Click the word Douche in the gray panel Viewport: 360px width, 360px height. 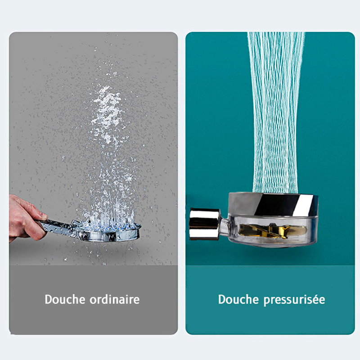pos(65,299)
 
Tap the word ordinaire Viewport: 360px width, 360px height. pos(114,299)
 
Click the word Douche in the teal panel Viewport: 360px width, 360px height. pos(238,299)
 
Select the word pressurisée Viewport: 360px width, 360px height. pos(294,300)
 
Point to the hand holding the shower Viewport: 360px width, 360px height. pos(25,218)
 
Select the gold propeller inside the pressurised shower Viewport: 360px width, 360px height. pos(273,230)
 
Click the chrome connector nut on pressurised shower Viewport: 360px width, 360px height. pos(204,224)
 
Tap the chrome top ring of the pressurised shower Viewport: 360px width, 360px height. pos(273,204)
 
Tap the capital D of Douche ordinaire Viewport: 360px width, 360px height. pos(49,299)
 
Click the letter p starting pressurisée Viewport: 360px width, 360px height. pos(266,301)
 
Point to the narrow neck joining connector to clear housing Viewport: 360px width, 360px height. pos(224,226)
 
